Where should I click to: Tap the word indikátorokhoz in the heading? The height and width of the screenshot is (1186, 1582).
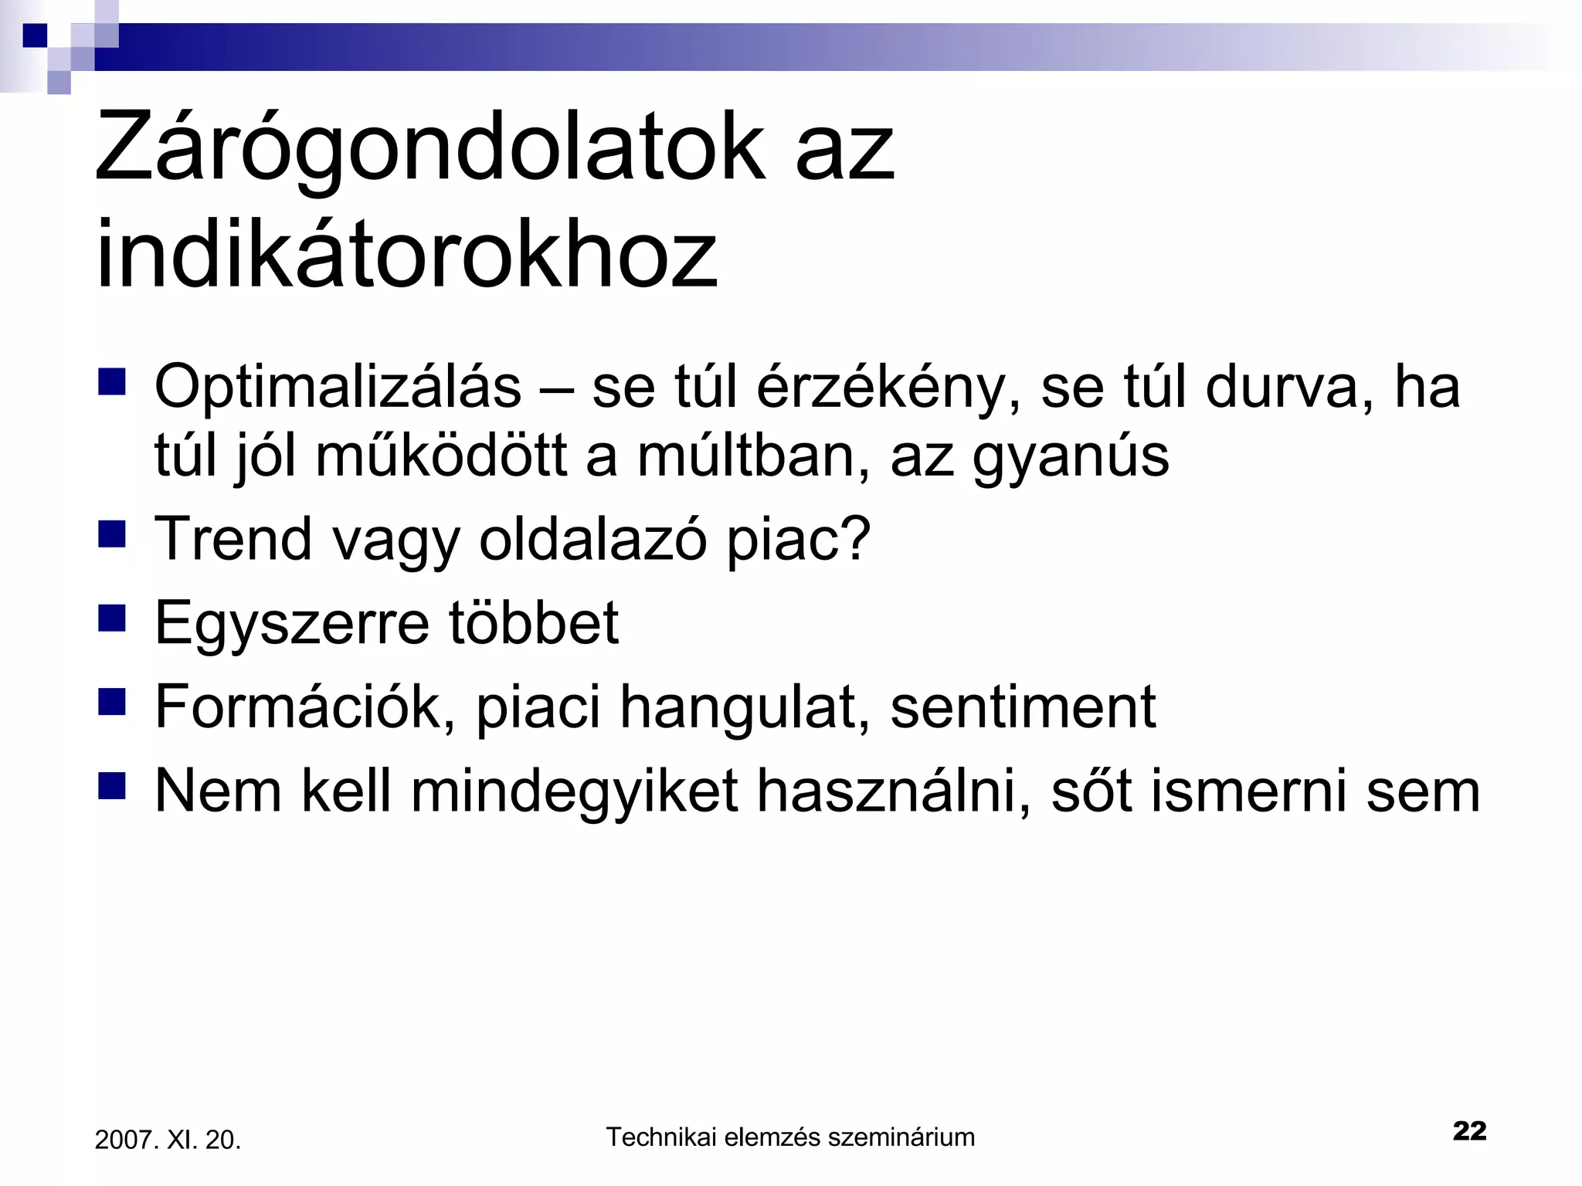pos(406,255)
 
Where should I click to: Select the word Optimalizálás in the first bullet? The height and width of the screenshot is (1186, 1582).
pos(338,386)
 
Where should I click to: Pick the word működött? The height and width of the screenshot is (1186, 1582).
pos(441,456)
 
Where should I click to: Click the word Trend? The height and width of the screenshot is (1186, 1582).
pos(233,538)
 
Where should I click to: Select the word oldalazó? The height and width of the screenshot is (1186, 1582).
pos(592,538)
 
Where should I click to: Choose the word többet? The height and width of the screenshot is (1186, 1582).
pos(533,622)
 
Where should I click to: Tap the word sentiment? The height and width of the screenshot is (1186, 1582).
pos(1023,707)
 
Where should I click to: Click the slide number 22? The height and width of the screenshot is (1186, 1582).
pos(1468,1130)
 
